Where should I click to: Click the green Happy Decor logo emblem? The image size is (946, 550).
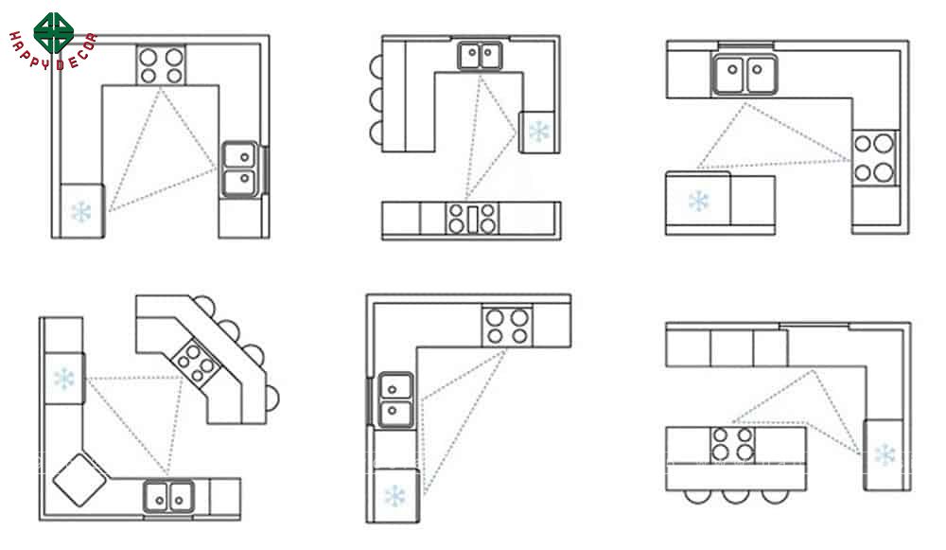54,32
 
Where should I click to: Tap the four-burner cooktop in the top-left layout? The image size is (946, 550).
161,65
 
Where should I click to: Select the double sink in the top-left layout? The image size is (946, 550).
240,169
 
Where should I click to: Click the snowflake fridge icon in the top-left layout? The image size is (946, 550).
80,212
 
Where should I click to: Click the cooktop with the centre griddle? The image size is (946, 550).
472,219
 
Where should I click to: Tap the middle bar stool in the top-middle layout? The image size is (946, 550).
377,99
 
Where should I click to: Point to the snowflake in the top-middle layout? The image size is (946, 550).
539,131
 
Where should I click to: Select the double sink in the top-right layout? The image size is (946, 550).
745,74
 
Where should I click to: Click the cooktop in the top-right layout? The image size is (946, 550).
873,158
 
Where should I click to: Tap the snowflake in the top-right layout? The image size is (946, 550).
699,201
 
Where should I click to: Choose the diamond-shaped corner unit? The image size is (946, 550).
79,479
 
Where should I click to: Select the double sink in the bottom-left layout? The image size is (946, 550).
169,497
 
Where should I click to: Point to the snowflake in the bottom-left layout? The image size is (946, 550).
63,379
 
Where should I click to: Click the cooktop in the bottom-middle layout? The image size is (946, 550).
507,326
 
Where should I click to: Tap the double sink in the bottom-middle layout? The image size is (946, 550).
394,400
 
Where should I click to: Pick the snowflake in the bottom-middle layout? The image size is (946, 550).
394,496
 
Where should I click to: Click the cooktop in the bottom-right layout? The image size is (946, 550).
733,444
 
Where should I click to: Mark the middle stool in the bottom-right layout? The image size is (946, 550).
735,497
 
